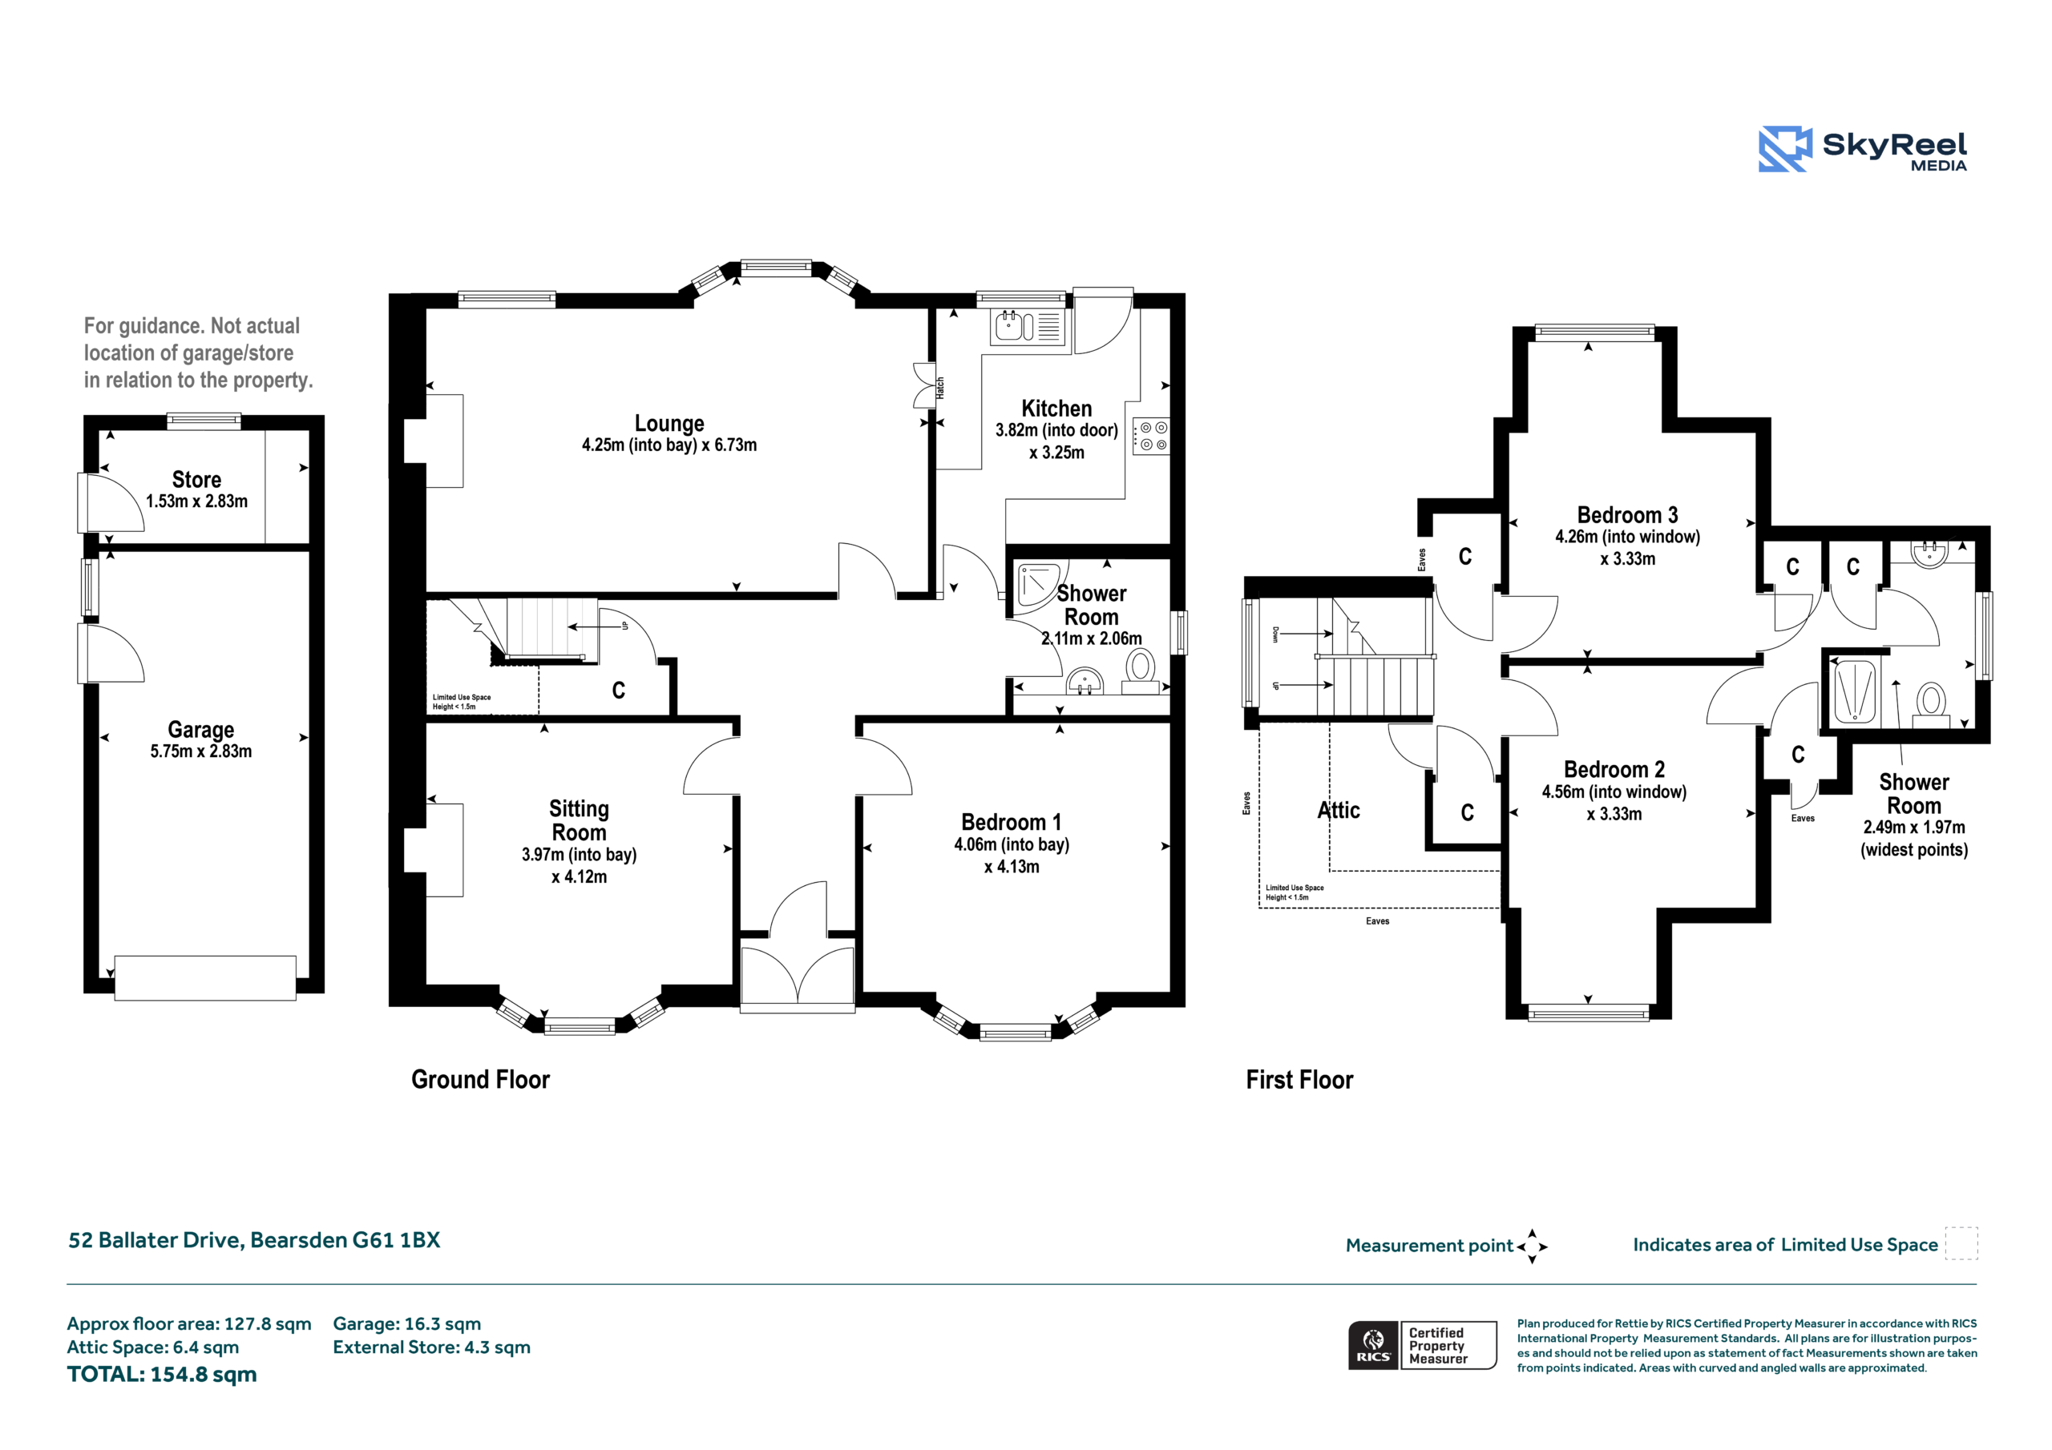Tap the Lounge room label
(669, 424)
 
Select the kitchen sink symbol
(1027, 327)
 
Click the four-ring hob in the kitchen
(1151, 436)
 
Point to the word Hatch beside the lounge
(940, 388)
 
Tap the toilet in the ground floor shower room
(1140, 673)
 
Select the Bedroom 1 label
(1012, 822)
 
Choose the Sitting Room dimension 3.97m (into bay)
(580, 854)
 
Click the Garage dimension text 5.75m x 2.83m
(201, 751)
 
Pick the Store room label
(196, 480)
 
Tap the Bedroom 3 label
(1627, 514)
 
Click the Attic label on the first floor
(1339, 811)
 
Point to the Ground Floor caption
(481, 1079)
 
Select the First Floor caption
(1299, 1079)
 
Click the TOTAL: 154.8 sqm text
(162, 1374)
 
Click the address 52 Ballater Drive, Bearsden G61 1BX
(255, 1240)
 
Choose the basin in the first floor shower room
(1930, 553)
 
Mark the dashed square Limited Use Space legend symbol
(1961, 1243)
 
